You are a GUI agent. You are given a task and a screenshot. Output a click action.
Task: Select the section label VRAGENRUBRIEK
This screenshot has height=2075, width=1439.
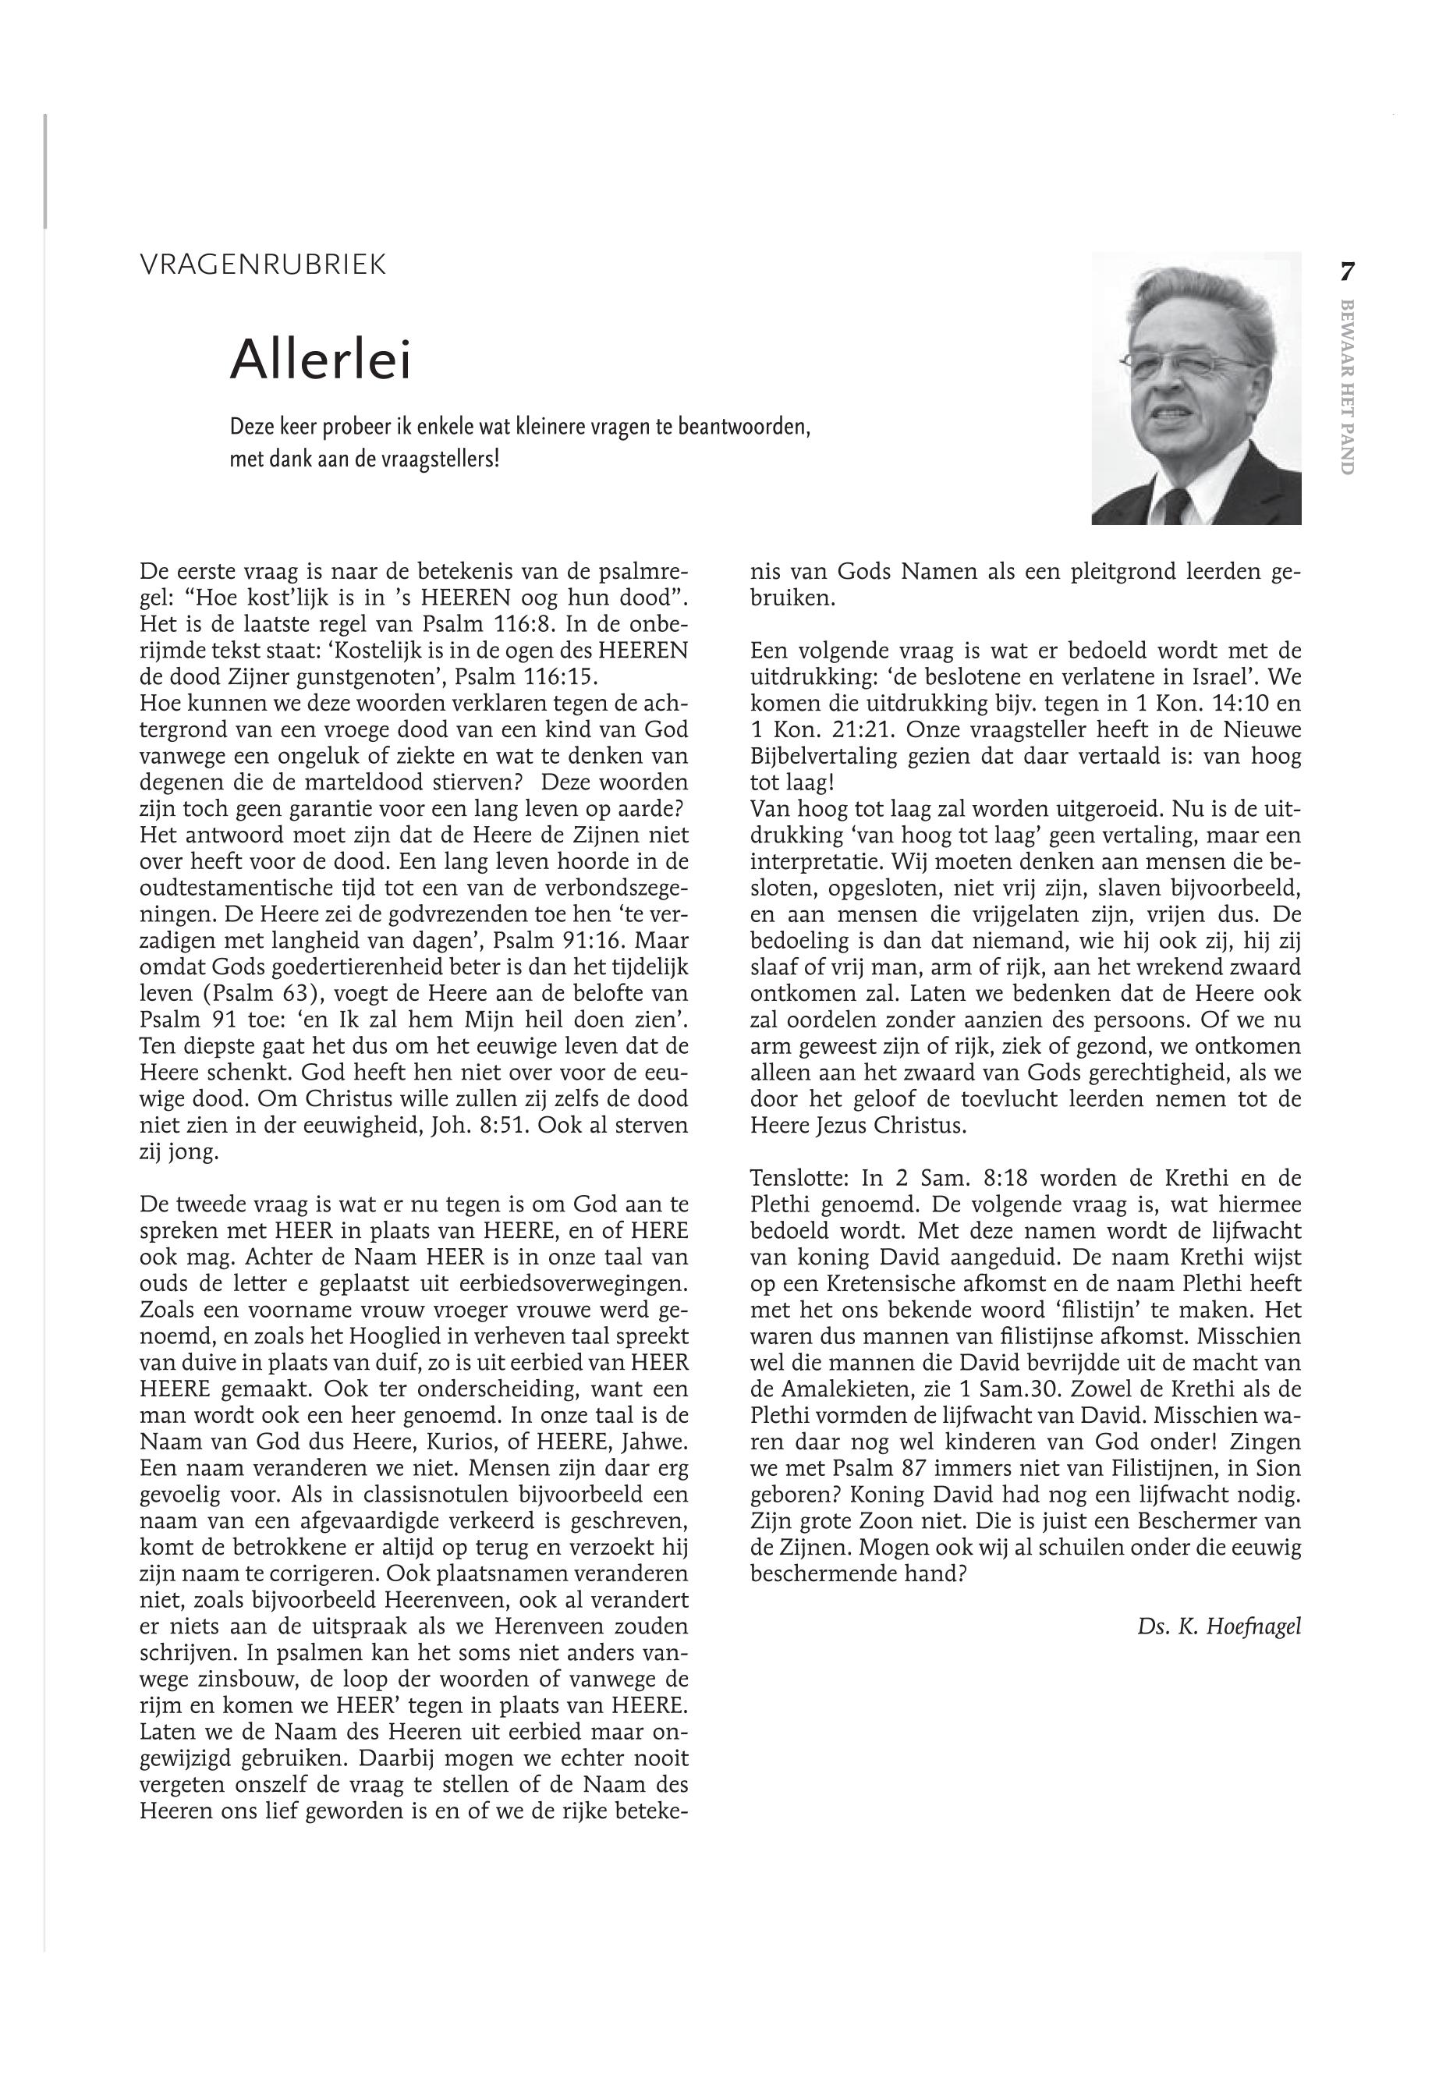point(264,265)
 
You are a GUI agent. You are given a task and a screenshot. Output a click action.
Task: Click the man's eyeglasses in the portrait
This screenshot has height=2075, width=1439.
point(1187,363)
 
